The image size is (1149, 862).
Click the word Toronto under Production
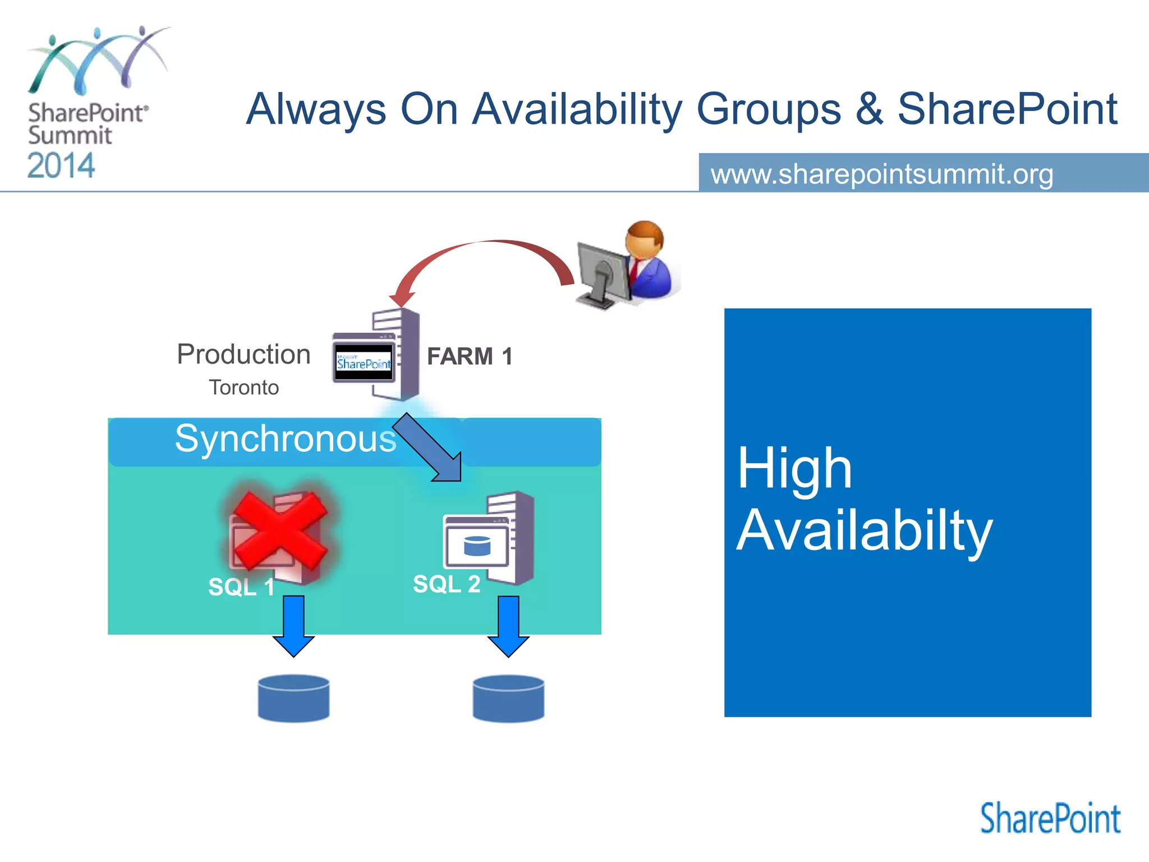[243, 388]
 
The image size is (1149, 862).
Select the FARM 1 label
[470, 356]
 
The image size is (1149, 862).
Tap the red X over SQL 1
[279, 530]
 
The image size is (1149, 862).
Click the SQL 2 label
[447, 584]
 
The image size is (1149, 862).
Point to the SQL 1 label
[241, 587]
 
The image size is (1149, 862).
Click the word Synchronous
[286, 438]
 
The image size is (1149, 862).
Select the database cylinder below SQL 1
[293, 698]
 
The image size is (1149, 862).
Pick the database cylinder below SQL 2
[508, 698]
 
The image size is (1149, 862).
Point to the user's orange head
[645, 238]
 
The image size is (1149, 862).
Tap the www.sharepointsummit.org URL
[882, 174]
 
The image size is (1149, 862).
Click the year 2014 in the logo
[61, 166]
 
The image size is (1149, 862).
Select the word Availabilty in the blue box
[864, 530]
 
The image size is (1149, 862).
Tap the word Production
[243, 355]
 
